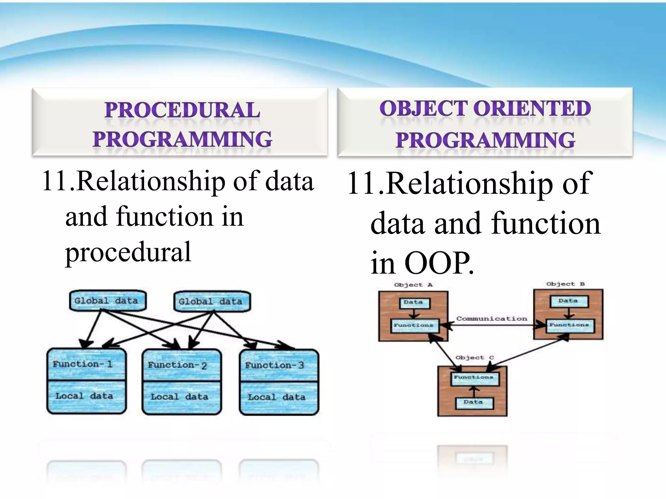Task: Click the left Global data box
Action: pos(108,301)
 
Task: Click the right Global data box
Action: pos(212,301)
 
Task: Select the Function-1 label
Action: pos(83,364)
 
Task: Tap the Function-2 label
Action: pos(178,365)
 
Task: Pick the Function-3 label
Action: pos(275,365)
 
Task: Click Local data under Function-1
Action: pos(84,396)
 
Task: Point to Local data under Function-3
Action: pos(277,397)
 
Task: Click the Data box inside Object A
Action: pos(414,302)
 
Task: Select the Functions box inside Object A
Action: pos(414,325)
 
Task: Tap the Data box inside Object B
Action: pos(568,301)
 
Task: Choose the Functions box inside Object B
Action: pos(569,325)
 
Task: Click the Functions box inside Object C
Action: pos(474,377)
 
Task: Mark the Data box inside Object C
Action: pos(473,402)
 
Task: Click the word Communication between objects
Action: pos(492,319)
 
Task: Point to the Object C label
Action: pos(474,358)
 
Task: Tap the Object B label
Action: pos(565,284)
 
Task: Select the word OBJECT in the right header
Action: pos(423,109)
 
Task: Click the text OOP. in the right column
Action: pos(439,263)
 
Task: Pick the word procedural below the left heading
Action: pos(128,252)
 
